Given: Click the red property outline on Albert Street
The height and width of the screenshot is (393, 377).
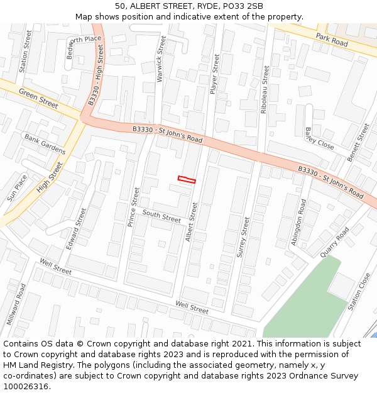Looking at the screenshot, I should coord(187,180).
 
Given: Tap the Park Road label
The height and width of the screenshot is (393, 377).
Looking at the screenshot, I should coord(332,39).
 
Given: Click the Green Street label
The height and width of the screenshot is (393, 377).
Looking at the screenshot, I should coord(38,99).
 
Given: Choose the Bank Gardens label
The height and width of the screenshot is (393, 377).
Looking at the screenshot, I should coord(45,144).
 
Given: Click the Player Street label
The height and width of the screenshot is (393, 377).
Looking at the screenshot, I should coord(215,74).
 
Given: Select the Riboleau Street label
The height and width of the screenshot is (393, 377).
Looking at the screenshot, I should coord(265,84).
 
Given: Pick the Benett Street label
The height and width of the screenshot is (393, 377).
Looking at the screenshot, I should coord(359,142).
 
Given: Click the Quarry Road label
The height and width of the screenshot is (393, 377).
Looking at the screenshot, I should coord(334,242).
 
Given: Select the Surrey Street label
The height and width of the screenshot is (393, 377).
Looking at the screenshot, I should coord(243,238).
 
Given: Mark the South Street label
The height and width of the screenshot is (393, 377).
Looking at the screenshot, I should coord(161,217).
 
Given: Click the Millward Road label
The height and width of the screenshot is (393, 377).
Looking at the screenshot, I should coord(17,304).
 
